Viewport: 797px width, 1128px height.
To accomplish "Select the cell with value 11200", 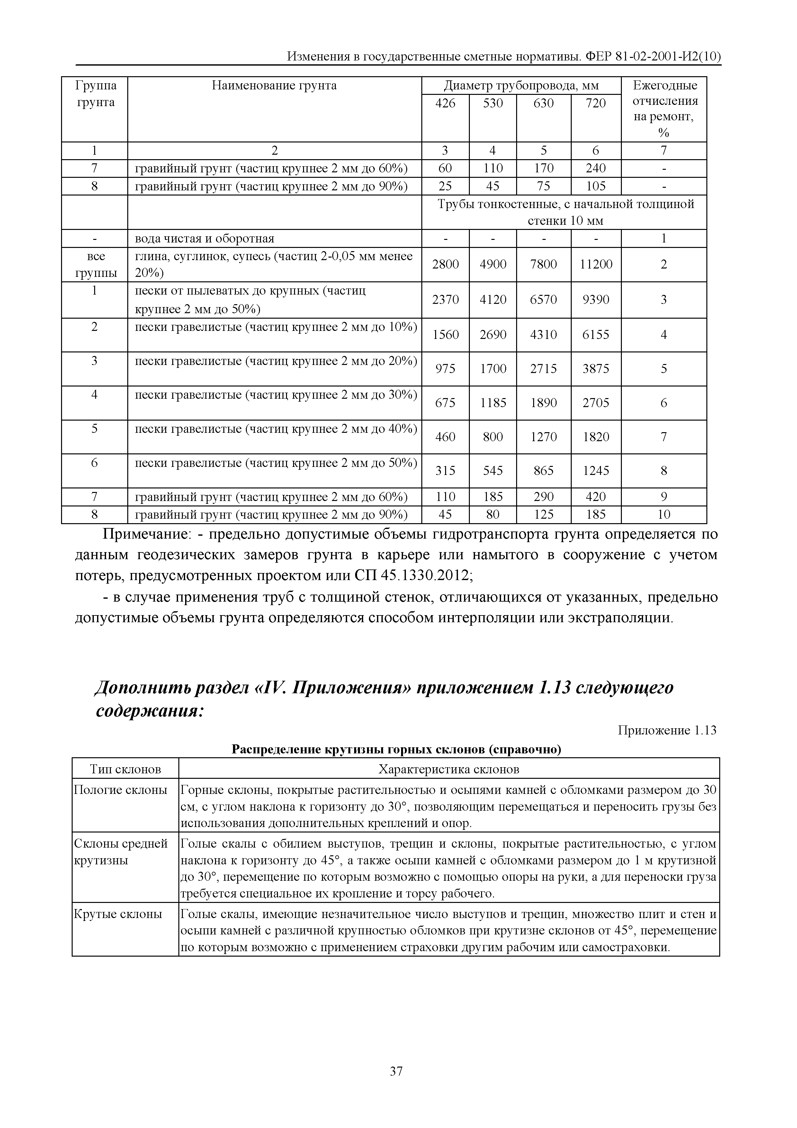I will (x=596, y=264).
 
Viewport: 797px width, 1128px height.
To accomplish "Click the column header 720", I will (x=596, y=103).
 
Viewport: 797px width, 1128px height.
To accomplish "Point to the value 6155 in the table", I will (x=596, y=334).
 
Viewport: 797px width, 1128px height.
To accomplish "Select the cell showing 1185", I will (x=493, y=403).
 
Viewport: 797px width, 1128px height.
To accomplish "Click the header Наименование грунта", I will (x=274, y=86).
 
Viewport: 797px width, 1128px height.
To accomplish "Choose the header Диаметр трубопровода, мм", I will (x=521, y=86).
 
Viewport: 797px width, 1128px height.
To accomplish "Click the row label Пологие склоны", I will (x=120, y=790).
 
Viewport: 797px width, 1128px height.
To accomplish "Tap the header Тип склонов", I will (x=125, y=769).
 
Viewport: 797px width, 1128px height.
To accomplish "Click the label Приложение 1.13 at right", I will (x=667, y=731).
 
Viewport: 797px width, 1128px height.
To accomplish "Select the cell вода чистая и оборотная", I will (x=204, y=239).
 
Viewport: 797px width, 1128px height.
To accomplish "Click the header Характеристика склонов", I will (x=448, y=769).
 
